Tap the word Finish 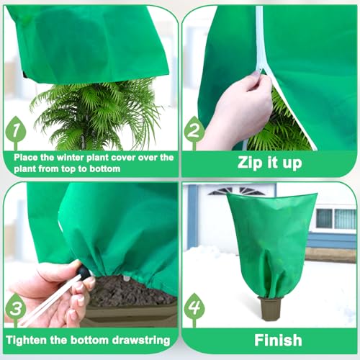[278, 340]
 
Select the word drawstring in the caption [141, 341]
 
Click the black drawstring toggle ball [84, 271]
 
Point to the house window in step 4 [336, 219]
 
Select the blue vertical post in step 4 [193, 217]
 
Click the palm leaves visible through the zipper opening [279, 127]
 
